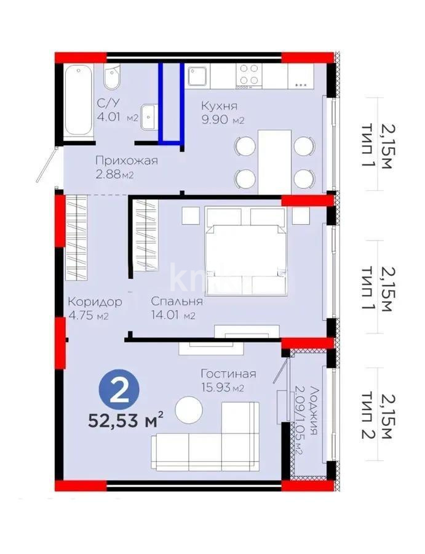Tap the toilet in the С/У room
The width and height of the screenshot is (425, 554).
pos(113,78)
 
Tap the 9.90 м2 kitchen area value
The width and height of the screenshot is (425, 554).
pos(223,120)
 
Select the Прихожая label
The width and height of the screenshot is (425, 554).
pos(126,161)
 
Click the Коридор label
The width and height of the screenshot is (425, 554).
pos(94,302)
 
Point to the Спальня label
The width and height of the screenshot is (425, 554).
pos(177,302)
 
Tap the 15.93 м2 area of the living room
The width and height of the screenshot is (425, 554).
pos(223,388)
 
